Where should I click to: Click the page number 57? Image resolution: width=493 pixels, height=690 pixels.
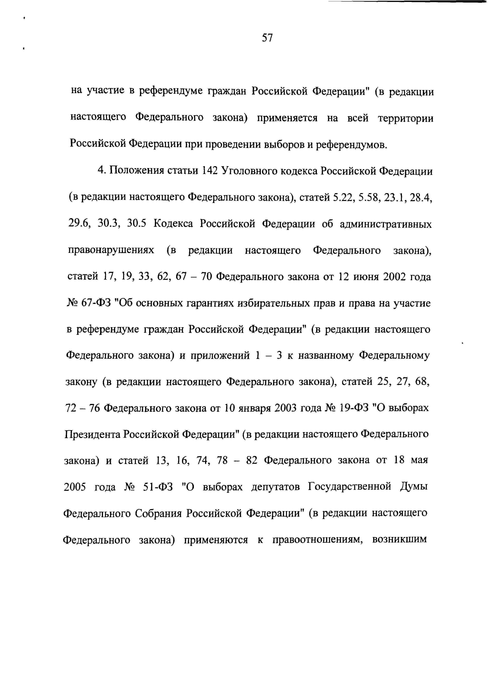click(x=267, y=38)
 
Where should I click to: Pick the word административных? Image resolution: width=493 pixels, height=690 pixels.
click(x=385, y=224)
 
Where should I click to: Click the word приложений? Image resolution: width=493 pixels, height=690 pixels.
click(x=220, y=356)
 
